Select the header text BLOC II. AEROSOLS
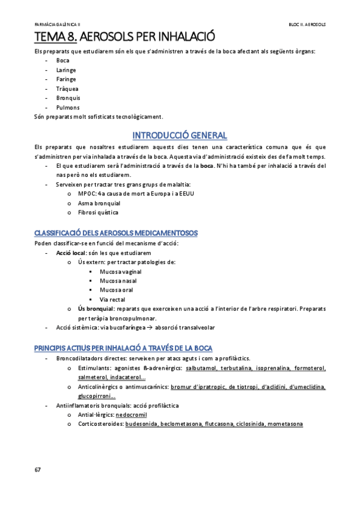307,25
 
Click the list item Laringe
66,70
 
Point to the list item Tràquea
67,88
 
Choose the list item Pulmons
68,107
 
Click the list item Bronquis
68,97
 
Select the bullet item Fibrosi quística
99,212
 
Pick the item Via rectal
112,299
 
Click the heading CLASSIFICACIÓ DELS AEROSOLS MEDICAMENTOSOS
116,233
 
